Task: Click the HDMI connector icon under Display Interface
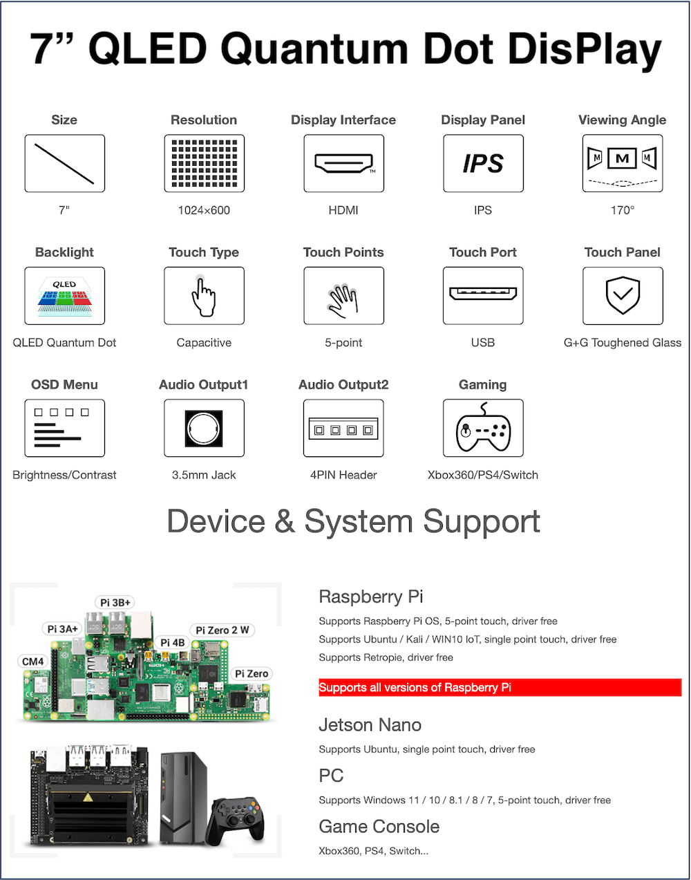(x=343, y=163)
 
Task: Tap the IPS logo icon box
(x=483, y=163)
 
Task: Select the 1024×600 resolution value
(x=204, y=210)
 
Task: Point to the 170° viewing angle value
(x=623, y=210)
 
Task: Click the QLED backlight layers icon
(x=65, y=296)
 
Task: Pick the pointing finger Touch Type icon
(x=204, y=296)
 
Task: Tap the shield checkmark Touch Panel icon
(x=623, y=296)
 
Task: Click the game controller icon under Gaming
(x=483, y=428)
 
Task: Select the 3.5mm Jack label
(x=204, y=475)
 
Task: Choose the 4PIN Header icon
(x=343, y=428)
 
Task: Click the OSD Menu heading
(x=65, y=384)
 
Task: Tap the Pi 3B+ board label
(x=115, y=603)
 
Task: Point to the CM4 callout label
(x=32, y=662)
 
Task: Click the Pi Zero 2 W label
(x=223, y=630)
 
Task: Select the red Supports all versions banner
(x=500, y=687)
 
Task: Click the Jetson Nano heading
(x=370, y=724)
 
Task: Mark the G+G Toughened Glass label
(x=623, y=343)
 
